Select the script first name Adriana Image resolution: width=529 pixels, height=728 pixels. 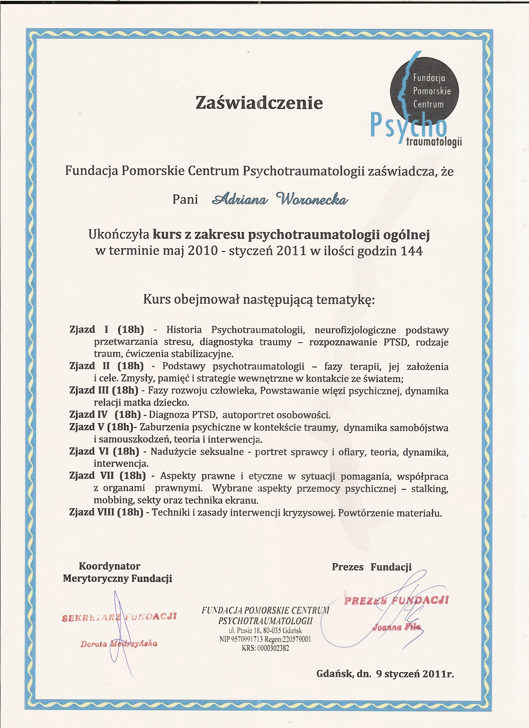tap(239, 200)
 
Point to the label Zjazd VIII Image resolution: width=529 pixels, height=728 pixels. tap(92, 512)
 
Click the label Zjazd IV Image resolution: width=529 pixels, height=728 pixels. tap(88, 414)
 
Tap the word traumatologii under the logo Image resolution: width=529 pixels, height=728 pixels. tap(434, 142)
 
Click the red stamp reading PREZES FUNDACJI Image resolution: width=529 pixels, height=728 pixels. tap(396, 600)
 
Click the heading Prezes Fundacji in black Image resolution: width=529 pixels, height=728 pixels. tap(372, 567)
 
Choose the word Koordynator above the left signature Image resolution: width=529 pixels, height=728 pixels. tap(110, 566)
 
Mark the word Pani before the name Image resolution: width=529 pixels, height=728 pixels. tap(185, 199)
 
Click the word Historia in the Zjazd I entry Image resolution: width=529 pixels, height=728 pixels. tap(184, 330)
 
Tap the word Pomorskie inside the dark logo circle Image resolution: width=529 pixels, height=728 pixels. tap(432, 91)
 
